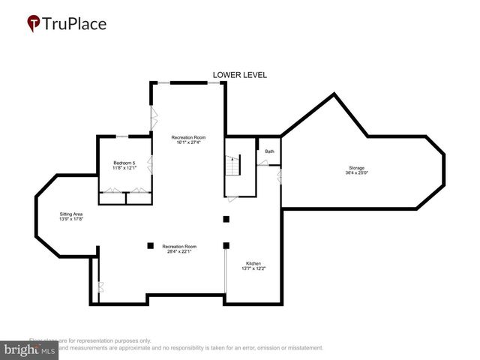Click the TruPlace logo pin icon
click(34, 24)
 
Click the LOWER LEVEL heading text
click(240, 75)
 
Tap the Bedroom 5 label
click(124, 163)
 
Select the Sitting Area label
click(71, 214)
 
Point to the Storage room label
click(356, 167)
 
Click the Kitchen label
click(254, 264)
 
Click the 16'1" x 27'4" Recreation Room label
click(187, 137)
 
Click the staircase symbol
click(232, 166)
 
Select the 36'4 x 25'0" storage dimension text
click(356, 173)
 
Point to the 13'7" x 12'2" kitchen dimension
click(254, 269)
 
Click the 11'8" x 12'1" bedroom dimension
click(124, 168)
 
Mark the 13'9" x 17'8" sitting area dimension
click(71, 220)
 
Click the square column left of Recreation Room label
click(150, 245)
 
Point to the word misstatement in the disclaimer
click(304, 347)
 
